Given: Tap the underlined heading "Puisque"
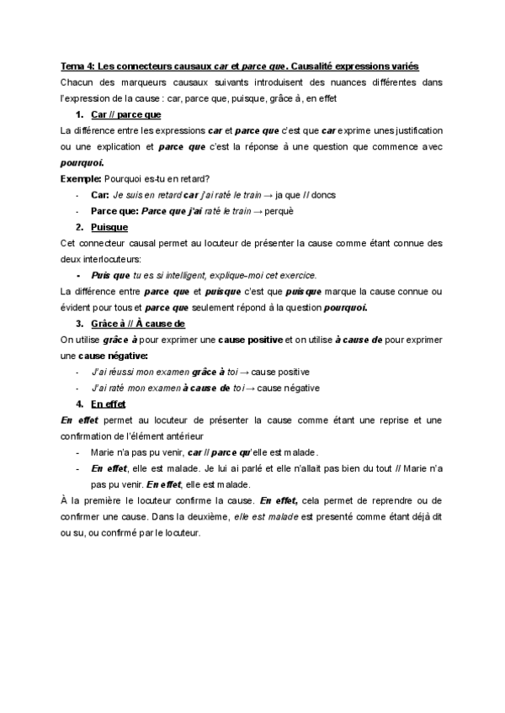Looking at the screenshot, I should coord(109,227).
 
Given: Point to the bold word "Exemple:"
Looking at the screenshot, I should coord(80,178).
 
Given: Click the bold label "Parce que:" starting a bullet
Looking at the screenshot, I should coord(114,211).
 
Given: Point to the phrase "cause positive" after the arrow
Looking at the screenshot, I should coord(281,372).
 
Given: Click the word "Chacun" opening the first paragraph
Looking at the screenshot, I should coord(77,82).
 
